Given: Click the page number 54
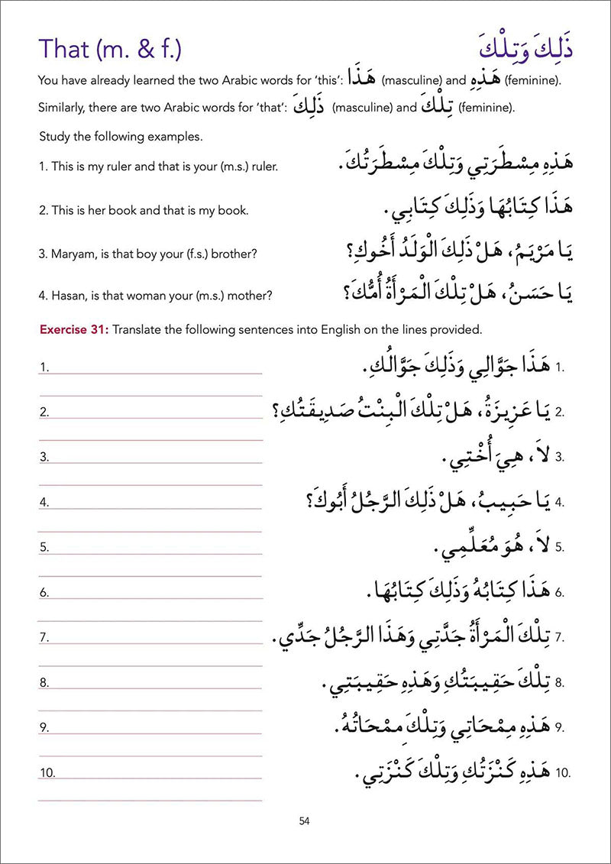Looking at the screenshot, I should coord(305,821).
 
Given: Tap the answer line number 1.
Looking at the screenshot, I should coord(44,367).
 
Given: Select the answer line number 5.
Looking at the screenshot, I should coord(44,547).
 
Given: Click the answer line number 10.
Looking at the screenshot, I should coord(47,773).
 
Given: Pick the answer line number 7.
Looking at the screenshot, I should coord(44,637).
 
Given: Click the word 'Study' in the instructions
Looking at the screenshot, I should coord(53,137).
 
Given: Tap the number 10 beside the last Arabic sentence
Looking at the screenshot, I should coord(564,773).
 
